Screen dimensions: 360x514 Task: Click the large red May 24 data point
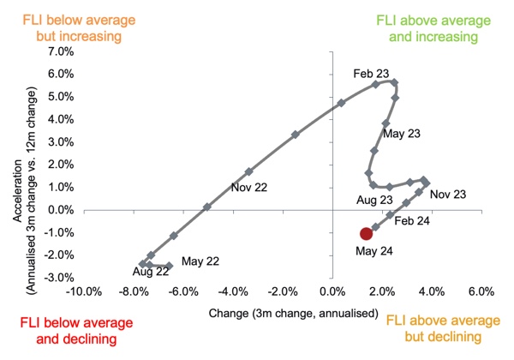366,233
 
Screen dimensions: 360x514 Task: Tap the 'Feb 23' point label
370,74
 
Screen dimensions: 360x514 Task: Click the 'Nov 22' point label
248,187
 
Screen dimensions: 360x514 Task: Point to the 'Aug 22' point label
150,272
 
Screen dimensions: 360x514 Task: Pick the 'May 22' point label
200,261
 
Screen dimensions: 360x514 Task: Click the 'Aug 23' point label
374,200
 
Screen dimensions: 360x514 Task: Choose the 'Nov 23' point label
448,195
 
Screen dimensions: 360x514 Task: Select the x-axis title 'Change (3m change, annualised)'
293,313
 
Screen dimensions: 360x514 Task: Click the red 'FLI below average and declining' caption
67,332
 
